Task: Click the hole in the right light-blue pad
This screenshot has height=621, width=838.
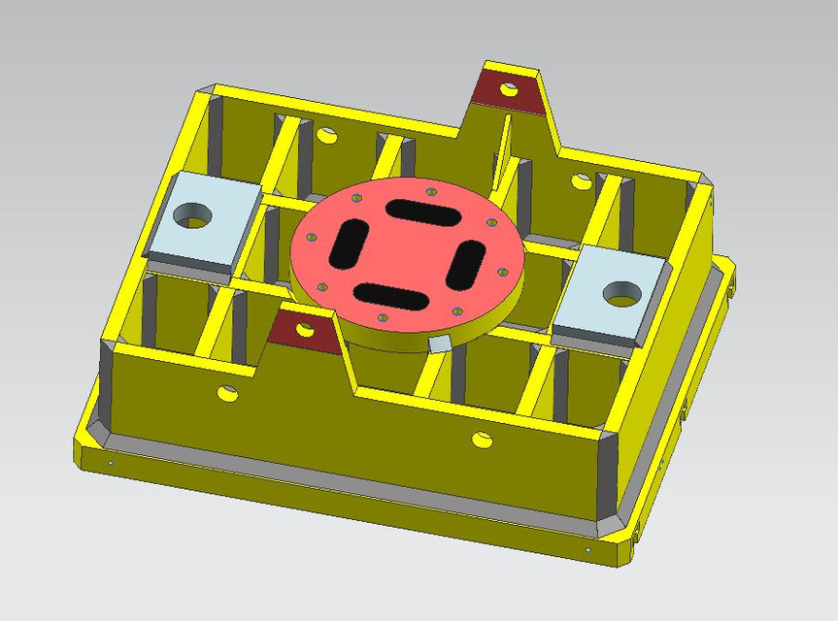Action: [619, 292]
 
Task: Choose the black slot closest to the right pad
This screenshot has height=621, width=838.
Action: [468, 261]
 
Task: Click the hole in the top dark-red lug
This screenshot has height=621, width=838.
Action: [508, 90]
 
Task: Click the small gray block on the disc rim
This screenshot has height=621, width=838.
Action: [439, 343]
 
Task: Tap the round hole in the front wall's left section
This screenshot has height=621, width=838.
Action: [227, 393]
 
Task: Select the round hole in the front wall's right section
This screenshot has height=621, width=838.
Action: [482, 440]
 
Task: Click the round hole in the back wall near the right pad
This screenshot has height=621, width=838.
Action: [581, 180]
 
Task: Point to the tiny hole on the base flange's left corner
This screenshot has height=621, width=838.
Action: [110, 463]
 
